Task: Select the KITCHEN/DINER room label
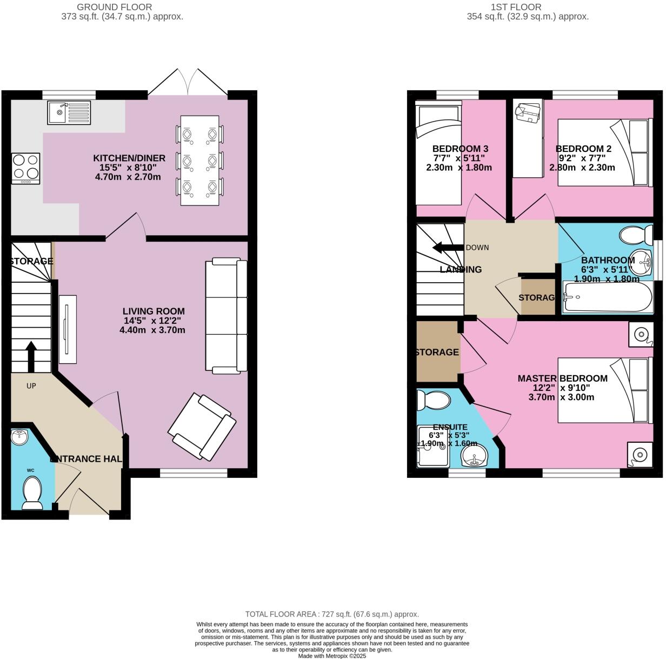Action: [129, 158]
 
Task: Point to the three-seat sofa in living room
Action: [226, 316]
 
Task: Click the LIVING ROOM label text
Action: [154, 311]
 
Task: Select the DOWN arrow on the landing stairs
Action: [445, 248]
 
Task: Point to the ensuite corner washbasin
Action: [474, 456]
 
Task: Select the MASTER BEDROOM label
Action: [562, 378]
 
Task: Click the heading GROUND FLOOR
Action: [114, 7]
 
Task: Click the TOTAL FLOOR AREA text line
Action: [332, 614]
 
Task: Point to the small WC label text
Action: [30, 470]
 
